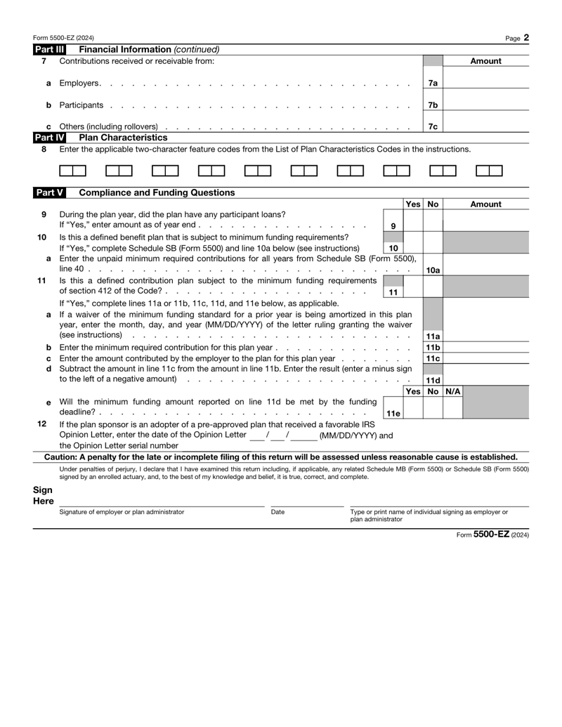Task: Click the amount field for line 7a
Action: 486,83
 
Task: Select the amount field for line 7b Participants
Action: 486,105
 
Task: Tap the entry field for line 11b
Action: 486,348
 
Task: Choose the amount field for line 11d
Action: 486,378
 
